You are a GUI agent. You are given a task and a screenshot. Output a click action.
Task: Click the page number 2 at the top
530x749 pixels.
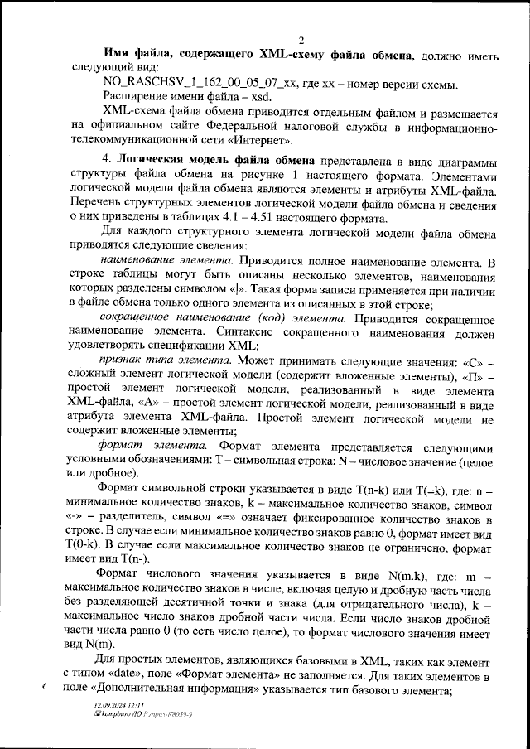301,41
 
